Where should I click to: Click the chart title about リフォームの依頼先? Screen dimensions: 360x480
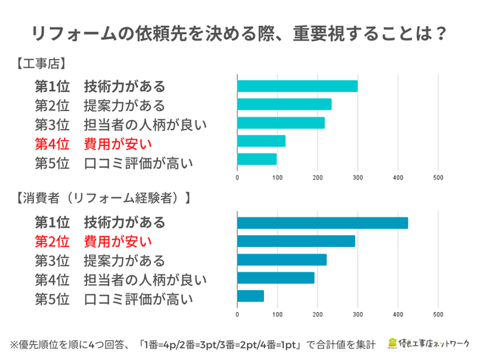coord(240,33)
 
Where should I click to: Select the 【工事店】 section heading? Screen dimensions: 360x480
coord(40,64)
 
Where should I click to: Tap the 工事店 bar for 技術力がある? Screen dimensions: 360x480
coord(297,86)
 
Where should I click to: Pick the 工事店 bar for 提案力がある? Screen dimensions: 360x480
coord(284,104)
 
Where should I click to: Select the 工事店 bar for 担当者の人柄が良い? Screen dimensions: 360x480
coord(280,123)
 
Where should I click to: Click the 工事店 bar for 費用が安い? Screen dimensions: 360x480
coord(261,141)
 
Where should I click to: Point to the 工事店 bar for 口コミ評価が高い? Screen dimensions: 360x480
coord(256,159)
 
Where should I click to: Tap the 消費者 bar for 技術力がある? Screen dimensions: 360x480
coord(322,223)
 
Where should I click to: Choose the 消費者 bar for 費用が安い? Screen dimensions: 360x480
coord(296,241)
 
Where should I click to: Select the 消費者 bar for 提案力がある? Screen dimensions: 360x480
coord(281,260)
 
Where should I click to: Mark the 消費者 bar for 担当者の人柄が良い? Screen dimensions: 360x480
coord(275,278)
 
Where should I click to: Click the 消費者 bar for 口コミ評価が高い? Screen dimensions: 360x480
coord(250,296)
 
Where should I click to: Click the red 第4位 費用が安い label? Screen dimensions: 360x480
coord(93,144)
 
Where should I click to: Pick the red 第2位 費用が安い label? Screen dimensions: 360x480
coord(93,241)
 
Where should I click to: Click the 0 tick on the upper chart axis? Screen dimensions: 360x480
coord(237,178)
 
